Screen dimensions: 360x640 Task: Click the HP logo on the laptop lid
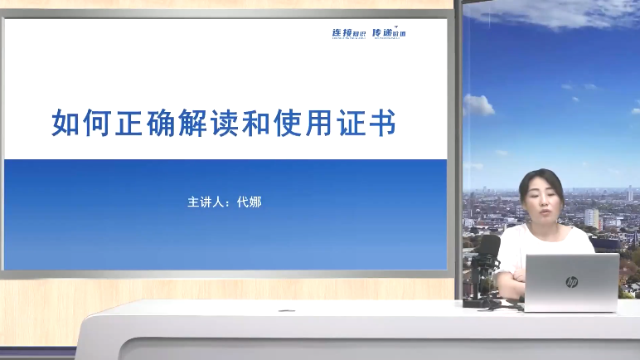571,282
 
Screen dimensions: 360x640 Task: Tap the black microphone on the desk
489,249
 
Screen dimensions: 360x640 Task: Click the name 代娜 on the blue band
249,202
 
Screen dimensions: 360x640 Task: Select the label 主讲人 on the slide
205,202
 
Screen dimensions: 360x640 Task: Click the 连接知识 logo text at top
348,33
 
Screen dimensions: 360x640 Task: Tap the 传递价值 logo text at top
389,33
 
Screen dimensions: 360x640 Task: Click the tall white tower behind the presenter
591,218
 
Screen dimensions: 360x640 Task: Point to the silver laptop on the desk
572,282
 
